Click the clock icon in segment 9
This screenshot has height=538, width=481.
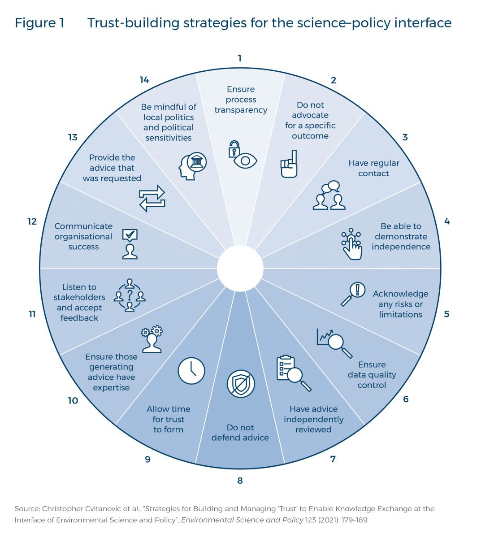point(191,371)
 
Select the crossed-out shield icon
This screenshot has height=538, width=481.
point(241,384)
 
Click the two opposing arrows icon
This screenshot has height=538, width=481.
point(152,198)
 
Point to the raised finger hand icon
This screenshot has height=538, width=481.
point(289,164)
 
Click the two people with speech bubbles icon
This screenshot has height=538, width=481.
point(329,196)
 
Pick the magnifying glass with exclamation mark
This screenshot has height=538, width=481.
point(353,294)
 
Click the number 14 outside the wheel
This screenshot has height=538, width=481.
point(144,80)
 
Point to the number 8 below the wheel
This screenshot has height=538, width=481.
point(240,481)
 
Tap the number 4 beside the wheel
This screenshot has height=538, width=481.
point(446,221)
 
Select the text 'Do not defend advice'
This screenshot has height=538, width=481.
point(240,433)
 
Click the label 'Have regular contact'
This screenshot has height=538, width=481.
point(374,168)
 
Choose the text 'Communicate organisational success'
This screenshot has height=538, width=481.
point(83,236)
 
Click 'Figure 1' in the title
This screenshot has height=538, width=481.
point(39,23)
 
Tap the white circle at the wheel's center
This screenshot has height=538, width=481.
point(240,268)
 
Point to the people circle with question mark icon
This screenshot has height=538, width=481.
point(130,295)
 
